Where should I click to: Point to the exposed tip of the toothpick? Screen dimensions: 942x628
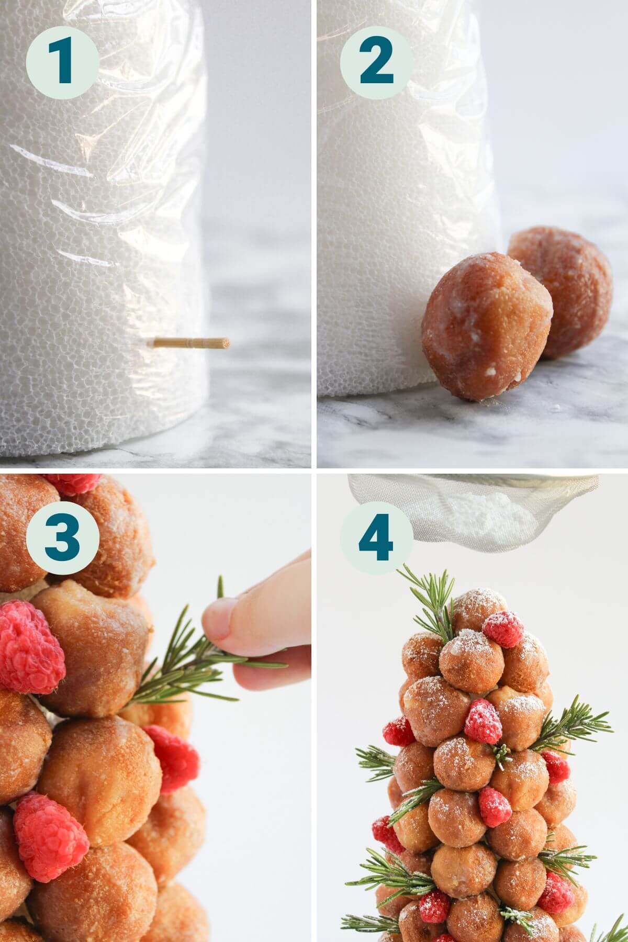[x=226, y=344]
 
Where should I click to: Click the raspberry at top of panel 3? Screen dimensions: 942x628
[x=73, y=484]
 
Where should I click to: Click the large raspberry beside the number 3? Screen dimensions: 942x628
[x=29, y=646]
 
